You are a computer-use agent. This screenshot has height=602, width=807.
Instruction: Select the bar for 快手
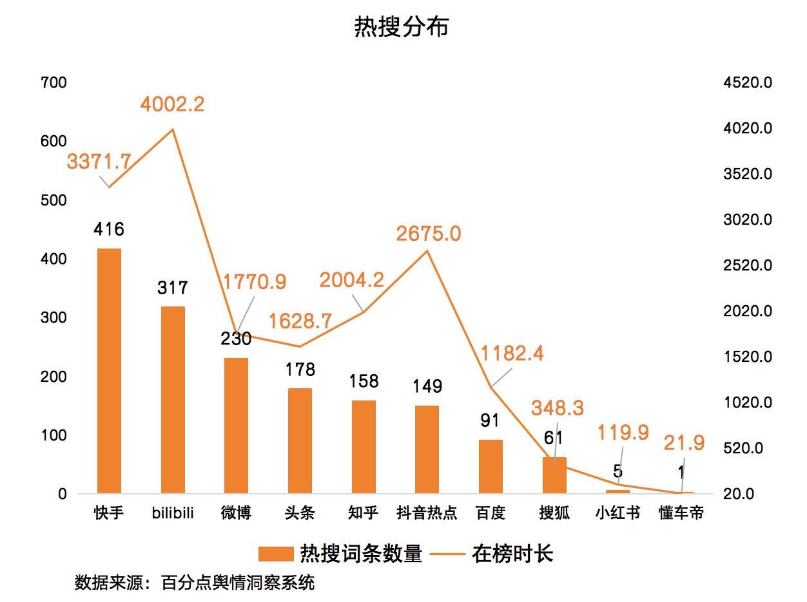(x=108, y=371)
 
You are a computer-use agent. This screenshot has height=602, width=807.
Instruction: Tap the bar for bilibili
(x=172, y=400)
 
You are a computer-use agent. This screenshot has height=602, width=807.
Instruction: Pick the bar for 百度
(x=491, y=467)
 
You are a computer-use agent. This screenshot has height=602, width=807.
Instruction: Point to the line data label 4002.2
(x=172, y=104)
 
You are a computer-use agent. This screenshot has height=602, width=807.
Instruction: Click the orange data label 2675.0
(x=429, y=233)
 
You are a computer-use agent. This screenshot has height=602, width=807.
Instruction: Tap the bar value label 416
(x=108, y=229)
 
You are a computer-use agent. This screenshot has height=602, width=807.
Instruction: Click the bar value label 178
(x=300, y=369)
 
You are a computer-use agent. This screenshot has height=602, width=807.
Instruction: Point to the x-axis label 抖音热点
(x=427, y=513)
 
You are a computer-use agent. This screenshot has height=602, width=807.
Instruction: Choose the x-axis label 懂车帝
(x=681, y=513)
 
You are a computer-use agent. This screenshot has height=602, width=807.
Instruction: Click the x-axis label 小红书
(x=617, y=513)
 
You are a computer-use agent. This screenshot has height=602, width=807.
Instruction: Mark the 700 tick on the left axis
(x=53, y=82)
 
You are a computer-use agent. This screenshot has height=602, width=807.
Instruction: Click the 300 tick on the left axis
(x=53, y=317)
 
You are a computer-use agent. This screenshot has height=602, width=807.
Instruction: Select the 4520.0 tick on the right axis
(x=748, y=82)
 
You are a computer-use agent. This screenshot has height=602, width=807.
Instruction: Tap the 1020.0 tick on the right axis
(x=748, y=402)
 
